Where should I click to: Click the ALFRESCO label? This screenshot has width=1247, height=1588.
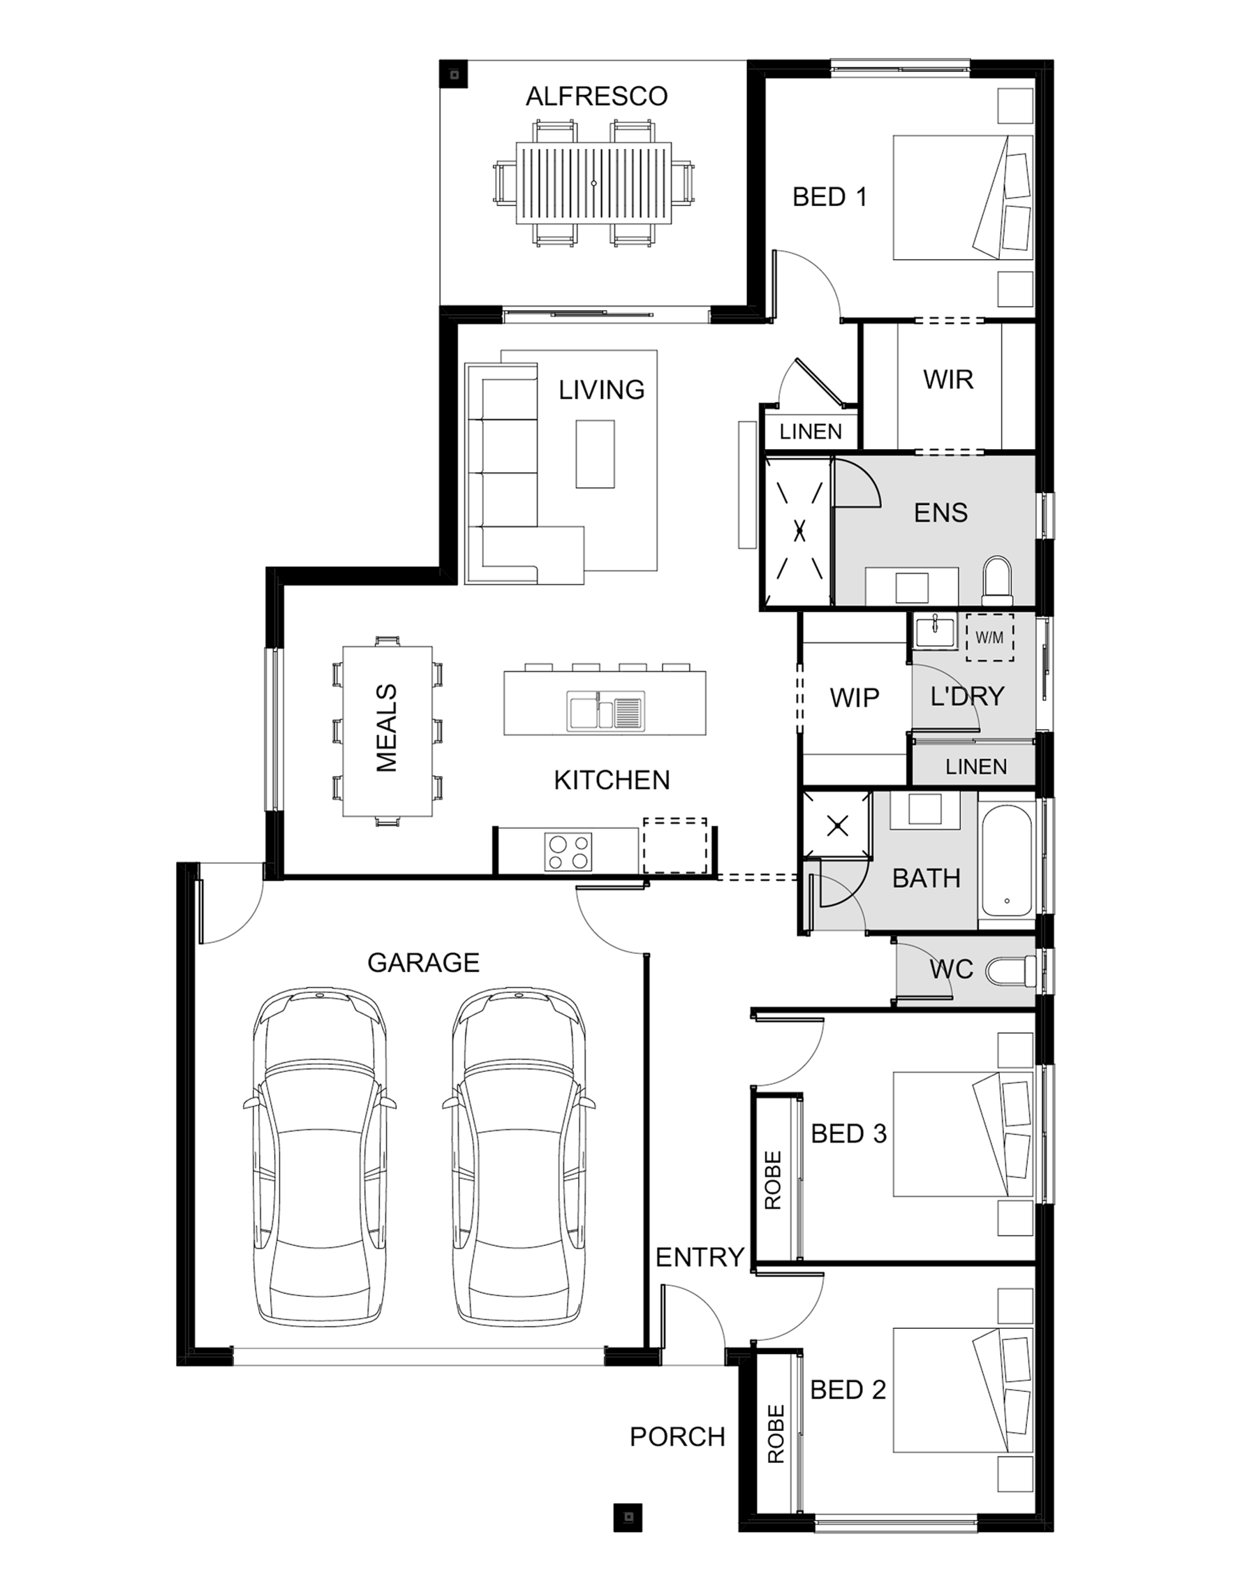[x=596, y=96]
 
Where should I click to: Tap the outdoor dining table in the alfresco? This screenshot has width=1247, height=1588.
[x=593, y=183]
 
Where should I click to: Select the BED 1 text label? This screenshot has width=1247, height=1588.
[x=829, y=197]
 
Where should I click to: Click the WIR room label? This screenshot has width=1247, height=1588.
[x=948, y=380]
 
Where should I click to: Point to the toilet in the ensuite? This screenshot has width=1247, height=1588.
[x=997, y=582]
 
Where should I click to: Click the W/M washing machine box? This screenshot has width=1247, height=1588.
[x=989, y=638]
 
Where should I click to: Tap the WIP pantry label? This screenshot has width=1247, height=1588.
[x=854, y=698]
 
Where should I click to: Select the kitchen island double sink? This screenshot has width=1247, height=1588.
[x=605, y=711]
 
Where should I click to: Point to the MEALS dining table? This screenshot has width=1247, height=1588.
[x=388, y=731]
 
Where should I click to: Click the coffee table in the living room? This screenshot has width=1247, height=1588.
[x=595, y=453]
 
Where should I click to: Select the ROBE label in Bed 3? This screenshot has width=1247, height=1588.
[x=773, y=1180]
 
